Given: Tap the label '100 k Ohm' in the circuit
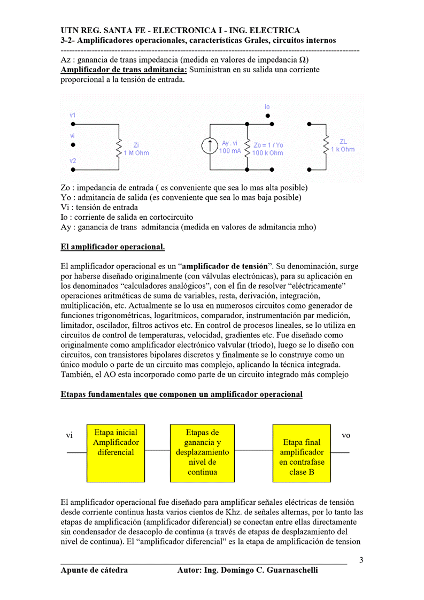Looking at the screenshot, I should (268, 153).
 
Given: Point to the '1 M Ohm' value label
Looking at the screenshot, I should (136, 153).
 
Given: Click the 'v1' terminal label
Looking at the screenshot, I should (73, 115).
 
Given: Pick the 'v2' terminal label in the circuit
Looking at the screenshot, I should (73, 160).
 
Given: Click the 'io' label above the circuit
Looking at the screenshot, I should (267, 107).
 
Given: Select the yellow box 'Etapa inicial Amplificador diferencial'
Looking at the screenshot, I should (115, 452).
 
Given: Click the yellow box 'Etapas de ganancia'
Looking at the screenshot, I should (202, 452).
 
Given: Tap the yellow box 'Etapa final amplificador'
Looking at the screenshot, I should (302, 452).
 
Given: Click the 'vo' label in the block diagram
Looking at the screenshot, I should (346, 435).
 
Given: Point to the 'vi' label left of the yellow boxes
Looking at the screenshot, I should (70, 435).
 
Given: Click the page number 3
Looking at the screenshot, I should (361, 560).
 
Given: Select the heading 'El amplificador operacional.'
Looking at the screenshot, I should (113, 247).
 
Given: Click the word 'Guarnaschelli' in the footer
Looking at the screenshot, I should (292, 570).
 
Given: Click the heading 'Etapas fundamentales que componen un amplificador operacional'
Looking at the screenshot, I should (181, 394).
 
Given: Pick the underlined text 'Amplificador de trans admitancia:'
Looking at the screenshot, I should (124, 70).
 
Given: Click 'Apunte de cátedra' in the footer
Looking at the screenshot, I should (94, 570).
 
